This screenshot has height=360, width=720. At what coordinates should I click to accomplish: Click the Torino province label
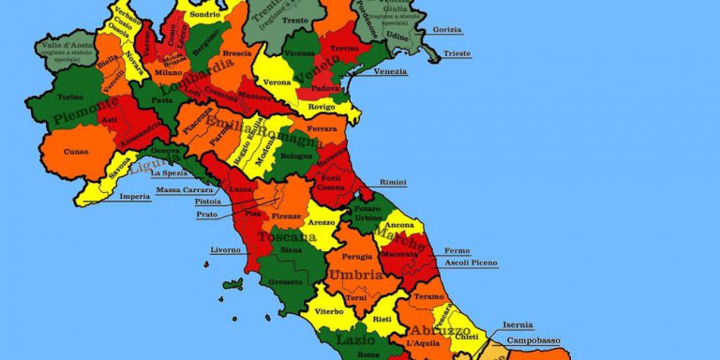pos(70,97)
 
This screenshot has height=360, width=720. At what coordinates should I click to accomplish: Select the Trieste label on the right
pos(457,54)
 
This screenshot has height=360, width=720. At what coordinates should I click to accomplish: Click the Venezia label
pos(390,72)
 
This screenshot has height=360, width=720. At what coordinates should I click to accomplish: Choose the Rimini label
pos(393,182)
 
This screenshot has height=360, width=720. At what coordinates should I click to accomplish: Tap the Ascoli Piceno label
pos(471,262)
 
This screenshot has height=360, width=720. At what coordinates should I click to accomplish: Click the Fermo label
pos(457,250)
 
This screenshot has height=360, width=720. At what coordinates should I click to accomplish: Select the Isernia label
pos(517,325)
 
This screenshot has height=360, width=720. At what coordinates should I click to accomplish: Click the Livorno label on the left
pos(225,250)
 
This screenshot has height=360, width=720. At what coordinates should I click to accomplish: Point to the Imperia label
pos(135,197)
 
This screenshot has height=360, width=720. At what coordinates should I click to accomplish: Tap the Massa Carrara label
pos(183,190)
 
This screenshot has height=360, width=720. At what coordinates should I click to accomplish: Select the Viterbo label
pos(329,310)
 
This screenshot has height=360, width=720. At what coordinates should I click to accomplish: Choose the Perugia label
pos(357,256)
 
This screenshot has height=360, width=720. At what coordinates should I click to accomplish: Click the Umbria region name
pos(354,276)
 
